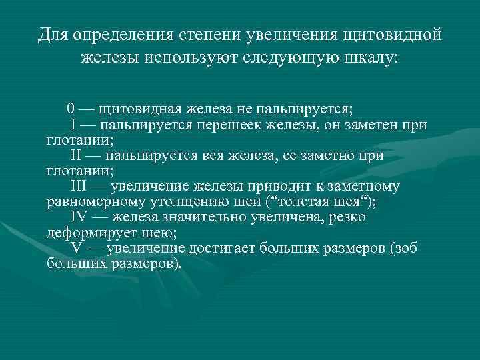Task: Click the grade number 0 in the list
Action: pos(71,109)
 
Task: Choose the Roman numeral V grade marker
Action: pos(76,248)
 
